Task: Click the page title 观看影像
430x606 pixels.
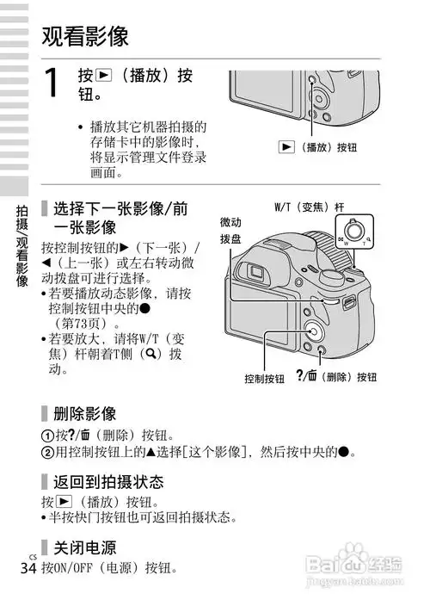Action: [x=85, y=36]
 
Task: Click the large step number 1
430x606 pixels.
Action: [x=52, y=84]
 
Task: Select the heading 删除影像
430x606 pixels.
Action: [x=85, y=414]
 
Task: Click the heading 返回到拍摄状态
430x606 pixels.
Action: [x=108, y=481]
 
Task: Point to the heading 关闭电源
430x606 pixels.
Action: [x=85, y=548]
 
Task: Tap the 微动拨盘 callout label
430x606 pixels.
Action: [x=230, y=229]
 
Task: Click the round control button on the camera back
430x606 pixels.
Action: [x=312, y=331]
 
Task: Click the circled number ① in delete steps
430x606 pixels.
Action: [x=47, y=435]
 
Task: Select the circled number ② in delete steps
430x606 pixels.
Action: [x=47, y=452]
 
